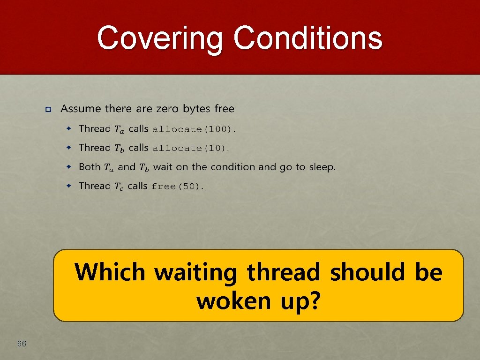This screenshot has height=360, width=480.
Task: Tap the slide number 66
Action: click(x=22, y=344)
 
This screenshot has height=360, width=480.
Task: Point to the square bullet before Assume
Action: click(x=48, y=110)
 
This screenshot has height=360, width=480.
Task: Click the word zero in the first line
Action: click(x=167, y=109)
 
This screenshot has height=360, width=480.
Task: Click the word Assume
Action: click(x=81, y=109)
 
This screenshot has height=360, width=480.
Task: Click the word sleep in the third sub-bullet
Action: click(x=321, y=167)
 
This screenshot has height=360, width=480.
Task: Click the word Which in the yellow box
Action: click(x=110, y=272)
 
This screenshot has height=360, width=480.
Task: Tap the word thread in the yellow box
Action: click(x=284, y=272)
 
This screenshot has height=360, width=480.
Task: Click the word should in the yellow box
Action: click(x=369, y=272)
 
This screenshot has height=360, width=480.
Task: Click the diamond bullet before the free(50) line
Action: click(x=68, y=186)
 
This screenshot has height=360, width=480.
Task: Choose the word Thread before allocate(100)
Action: click(x=95, y=128)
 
